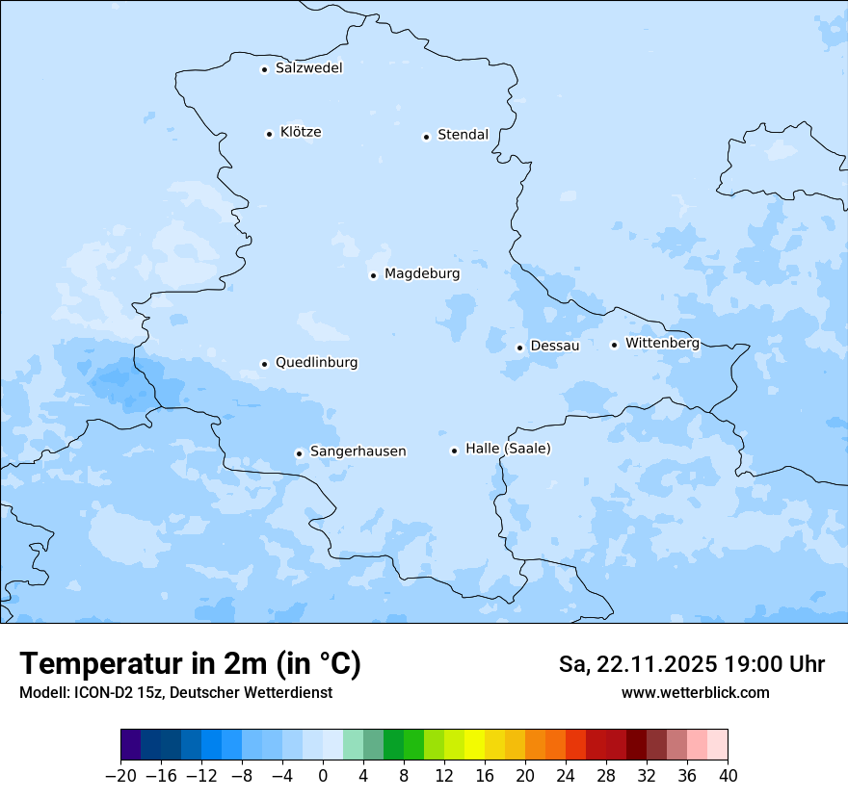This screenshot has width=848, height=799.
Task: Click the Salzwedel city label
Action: (x=308, y=68)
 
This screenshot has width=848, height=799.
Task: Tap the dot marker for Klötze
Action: (x=270, y=134)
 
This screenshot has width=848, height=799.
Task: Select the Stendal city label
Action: (x=463, y=135)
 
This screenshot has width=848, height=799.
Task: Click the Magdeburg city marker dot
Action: (x=373, y=275)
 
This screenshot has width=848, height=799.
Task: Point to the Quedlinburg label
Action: (x=316, y=363)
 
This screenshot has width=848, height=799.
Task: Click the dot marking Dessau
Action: (x=519, y=348)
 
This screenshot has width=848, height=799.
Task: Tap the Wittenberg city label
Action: (x=662, y=343)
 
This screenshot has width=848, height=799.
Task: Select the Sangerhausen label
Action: (x=358, y=451)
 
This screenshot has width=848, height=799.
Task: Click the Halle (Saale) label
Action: (x=508, y=449)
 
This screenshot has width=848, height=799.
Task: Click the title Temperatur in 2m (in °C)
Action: (x=191, y=664)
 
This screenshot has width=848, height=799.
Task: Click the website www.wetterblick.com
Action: (x=695, y=692)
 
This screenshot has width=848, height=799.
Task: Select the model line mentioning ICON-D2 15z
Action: (x=175, y=692)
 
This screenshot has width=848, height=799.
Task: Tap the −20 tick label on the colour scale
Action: (x=120, y=776)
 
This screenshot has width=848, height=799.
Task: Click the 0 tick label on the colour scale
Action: (x=323, y=776)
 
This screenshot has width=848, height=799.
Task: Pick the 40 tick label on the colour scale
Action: (x=728, y=776)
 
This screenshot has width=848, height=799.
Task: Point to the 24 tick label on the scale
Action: (x=566, y=776)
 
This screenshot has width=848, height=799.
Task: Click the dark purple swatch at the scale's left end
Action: (x=131, y=745)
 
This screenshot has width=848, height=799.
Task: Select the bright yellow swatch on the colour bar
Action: (x=474, y=745)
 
